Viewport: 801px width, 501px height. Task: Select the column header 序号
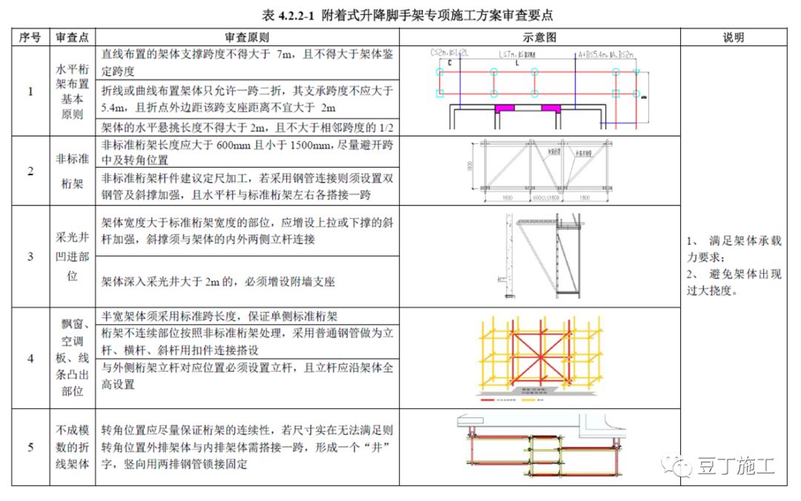(x=30, y=37)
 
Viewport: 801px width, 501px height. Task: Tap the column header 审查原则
(x=247, y=37)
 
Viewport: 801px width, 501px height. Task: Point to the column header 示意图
(x=539, y=37)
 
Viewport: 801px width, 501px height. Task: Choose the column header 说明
(x=733, y=37)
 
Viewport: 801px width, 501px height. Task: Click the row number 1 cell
(x=30, y=91)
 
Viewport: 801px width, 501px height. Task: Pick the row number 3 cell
(x=30, y=257)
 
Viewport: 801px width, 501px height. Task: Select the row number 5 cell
(x=30, y=447)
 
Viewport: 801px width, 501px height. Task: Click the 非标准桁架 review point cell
(x=73, y=171)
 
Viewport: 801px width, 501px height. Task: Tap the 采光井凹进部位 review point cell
(x=73, y=257)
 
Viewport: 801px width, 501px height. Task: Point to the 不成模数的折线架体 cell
(x=73, y=447)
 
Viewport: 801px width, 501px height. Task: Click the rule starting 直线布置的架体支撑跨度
(x=247, y=62)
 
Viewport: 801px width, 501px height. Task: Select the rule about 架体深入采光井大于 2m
(x=218, y=282)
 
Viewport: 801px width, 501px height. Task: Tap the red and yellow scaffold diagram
(x=539, y=358)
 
